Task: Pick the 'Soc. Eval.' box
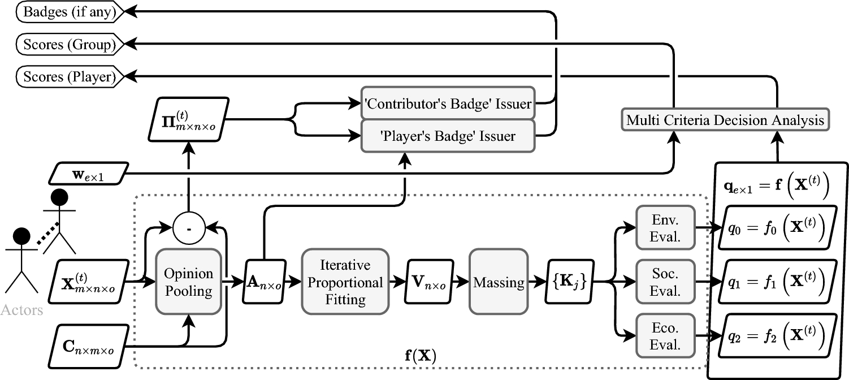[665, 281]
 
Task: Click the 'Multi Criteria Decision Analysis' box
[725, 120]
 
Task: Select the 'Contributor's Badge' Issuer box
[448, 103]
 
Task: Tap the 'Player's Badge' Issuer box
[448, 136]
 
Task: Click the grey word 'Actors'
[21, 310]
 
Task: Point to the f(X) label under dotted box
[421, 357]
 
